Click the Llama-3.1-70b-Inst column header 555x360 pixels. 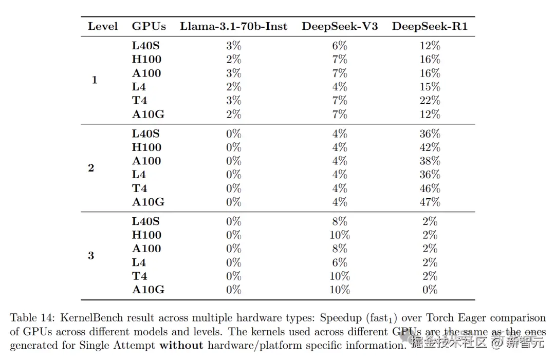pyautogui.click(x=233, y=26)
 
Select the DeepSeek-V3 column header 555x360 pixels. pyautogui.click(x=340, y=26)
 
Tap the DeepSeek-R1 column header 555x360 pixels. pyautogui.click(x=430, y=26)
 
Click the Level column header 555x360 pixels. pyautogui.click(x=103, y=26)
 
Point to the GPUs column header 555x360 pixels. pyautogui.click(x=149, y=26)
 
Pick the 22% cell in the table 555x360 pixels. pyautogui.click(x=430, y=101)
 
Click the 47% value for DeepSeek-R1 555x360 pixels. pyautogui.click(x=430, y=202)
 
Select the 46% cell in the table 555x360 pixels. pyautogui.click(x=430, y=188)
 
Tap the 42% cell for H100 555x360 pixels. pyautogui.click(x=430, y=147)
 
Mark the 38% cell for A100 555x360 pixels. pyautogui.click(x=430, y=161)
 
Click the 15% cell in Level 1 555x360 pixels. pyautogui.click(x=430, y=87)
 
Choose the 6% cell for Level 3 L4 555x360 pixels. pyautogui.click(x=340, y=262)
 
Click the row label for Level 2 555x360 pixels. pyautogui.click(x=91, y=168)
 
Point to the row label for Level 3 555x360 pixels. pyautogui.click(x=91, y=256)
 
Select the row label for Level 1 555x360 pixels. pyautogui.click(x=94, y=80)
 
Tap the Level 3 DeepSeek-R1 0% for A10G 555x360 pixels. pyautogui.click(x=430, y=290)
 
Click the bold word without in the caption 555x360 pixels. pyautogui.click(x=181, y=345)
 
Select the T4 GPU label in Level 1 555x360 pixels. pyautogui.click(x=139, y=101)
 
